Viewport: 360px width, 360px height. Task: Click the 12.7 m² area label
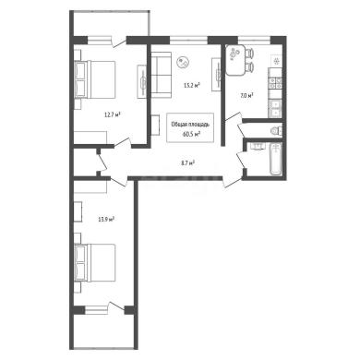(113, 115)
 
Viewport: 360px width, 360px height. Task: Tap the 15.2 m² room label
(192, 85)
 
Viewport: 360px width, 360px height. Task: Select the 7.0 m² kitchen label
(246, 96)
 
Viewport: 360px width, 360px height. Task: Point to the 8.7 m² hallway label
(188, 163)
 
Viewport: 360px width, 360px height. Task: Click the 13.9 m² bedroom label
(106, 220)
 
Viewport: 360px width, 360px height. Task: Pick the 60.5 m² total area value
(191, 134)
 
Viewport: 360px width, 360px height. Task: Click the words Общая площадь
(190, 125)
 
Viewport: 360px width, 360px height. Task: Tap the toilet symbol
(276, 130)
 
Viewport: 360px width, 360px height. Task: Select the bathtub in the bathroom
(276, 159)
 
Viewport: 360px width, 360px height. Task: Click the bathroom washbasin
(257, 146)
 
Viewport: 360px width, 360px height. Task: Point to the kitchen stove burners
(275, 83)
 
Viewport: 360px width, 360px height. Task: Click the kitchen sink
(275, 109)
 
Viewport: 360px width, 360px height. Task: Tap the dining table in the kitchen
(235, 60)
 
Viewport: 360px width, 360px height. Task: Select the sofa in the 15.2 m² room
(162, 75)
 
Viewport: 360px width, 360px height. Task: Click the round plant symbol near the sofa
(183, 62)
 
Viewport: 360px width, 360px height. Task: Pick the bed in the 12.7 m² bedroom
(95, 79)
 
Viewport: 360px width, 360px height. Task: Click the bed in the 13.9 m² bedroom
(95, 262)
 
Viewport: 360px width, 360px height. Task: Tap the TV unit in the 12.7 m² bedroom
(142, 82)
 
